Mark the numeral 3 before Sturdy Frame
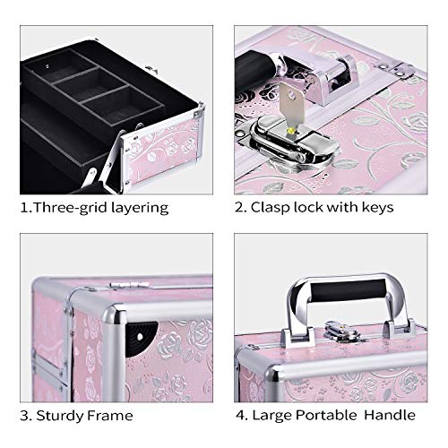click(x=27, y=415)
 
